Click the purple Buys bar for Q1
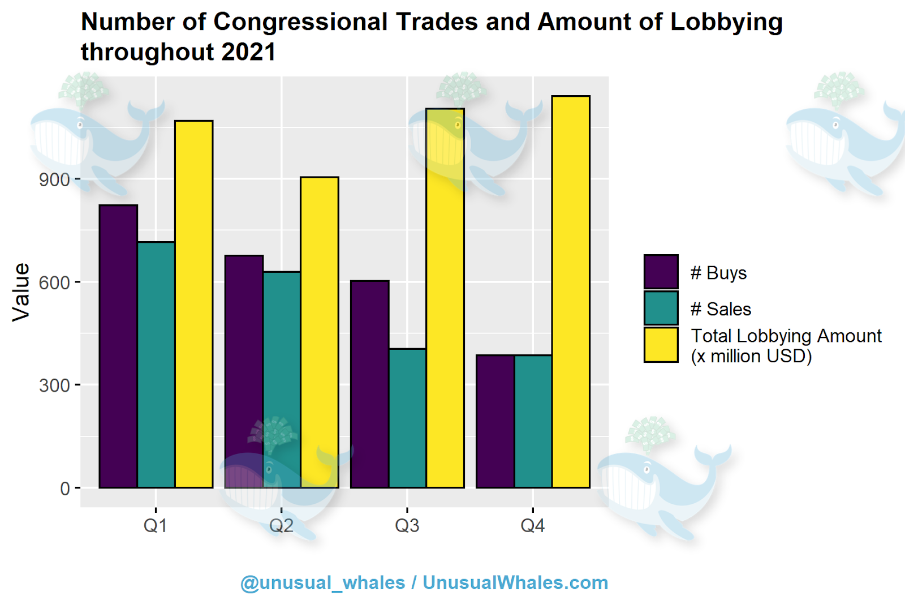point(118,346)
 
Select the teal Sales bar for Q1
point(156,365)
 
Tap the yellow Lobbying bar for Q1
point(194,304)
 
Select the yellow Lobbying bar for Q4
point(571,292)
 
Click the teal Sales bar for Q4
point(533,421)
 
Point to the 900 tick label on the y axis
point(54,180)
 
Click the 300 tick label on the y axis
point(54,385)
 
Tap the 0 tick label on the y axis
point(65,489)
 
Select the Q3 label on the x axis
point(407,526)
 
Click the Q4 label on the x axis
point(532,526)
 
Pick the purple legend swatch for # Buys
point(661,272)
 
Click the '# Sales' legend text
point(721,309)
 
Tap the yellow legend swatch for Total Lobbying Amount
point(661,345)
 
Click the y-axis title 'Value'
point(21,292)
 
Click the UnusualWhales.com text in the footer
point(515,582)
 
